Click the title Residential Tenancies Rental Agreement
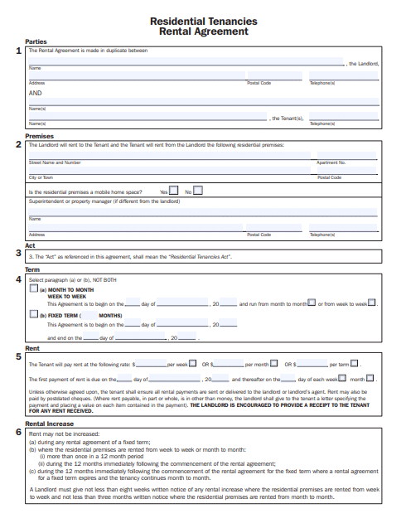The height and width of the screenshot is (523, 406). (203, 27)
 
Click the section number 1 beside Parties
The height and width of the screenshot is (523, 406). (19, 51)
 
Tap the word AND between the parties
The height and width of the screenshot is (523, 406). (36, 94)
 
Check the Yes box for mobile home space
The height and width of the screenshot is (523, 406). (174, 191)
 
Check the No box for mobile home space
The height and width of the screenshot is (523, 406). (198, 191)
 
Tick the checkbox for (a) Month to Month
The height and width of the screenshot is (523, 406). (33, 289)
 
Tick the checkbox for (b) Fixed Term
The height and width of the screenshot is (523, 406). (33, 315)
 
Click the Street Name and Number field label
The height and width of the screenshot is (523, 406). (55, 163)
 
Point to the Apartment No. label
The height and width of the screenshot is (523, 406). (331, 163)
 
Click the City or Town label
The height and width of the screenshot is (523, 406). (41, 177)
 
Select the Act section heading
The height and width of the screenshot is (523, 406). (30, 245)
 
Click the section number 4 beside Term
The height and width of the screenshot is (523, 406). (19, 279)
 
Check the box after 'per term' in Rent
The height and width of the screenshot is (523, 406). (356, 364)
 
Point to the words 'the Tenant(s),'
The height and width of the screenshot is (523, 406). (288, 118)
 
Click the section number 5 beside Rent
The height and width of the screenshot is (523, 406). (19, 357)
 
